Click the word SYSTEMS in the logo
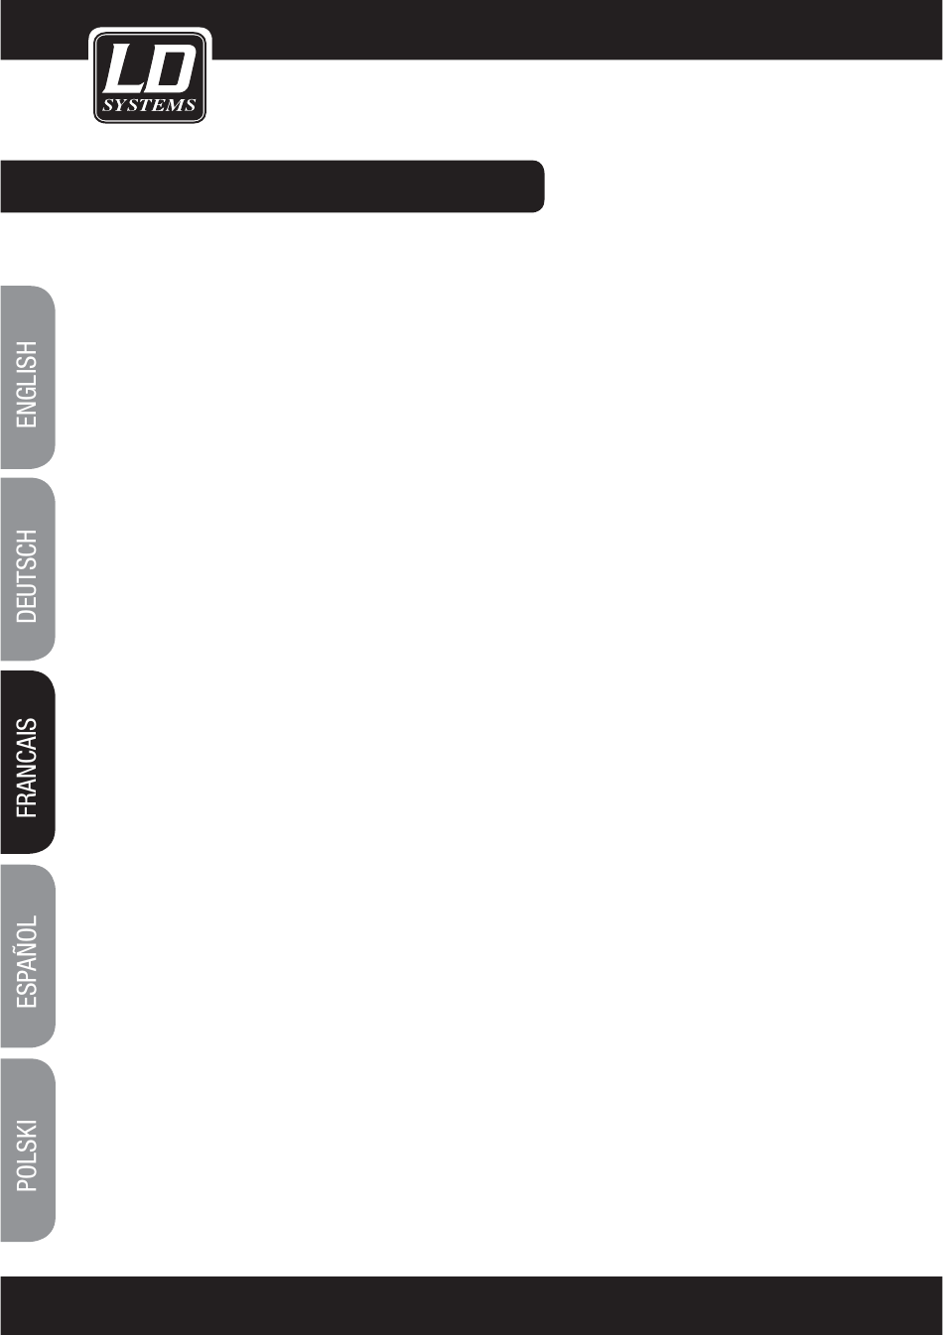tap(150, 105)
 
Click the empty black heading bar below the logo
tap(272, 186)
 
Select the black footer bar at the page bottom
tap(471, 1305)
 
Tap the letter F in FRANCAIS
tap(28, 810)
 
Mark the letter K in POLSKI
tap(28, 1133)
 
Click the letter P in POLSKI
tap(28, 1183)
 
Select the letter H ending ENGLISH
tap(28, 349)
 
